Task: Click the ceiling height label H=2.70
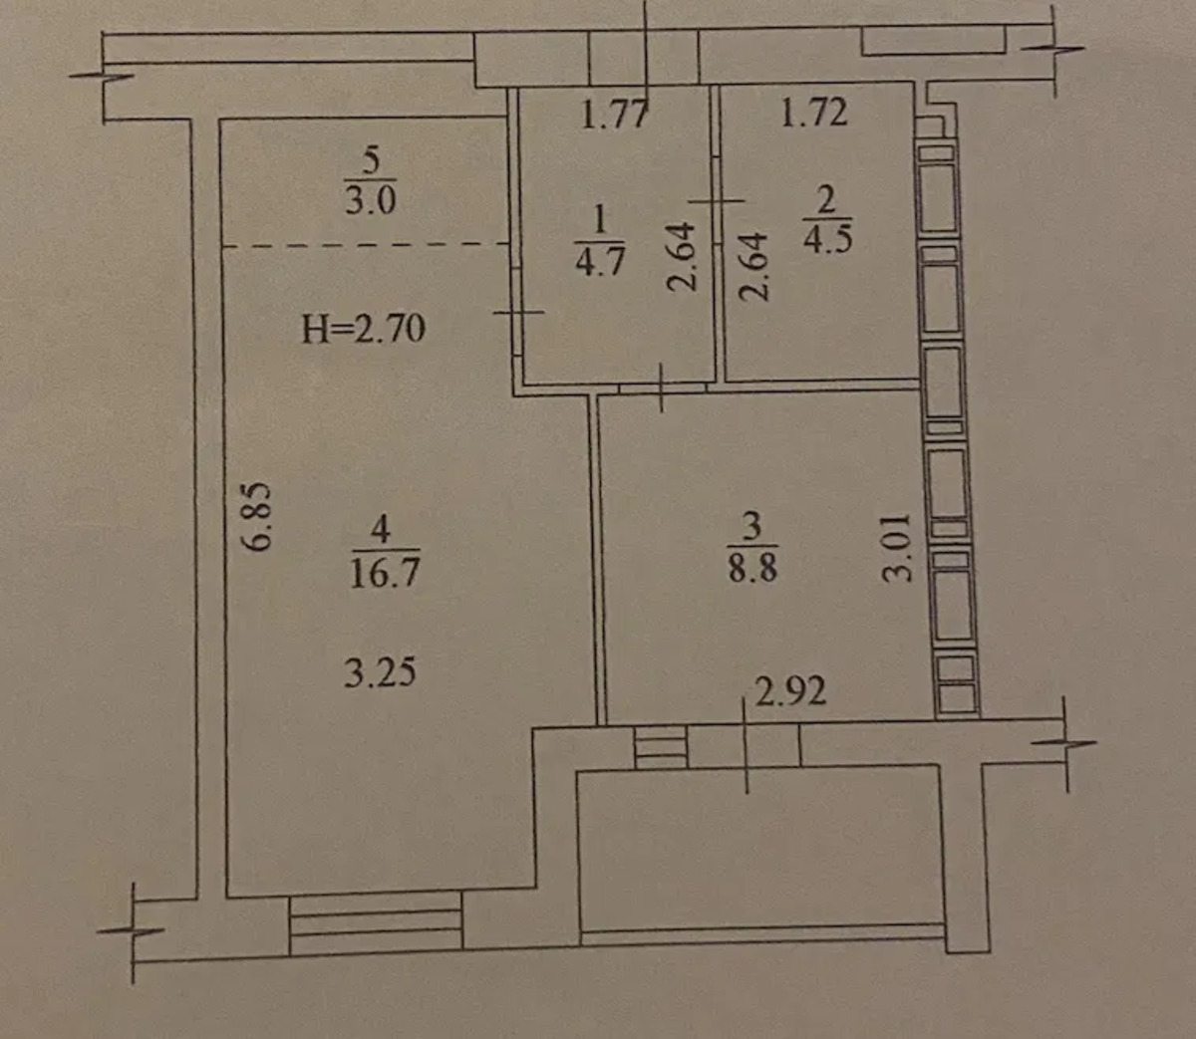pyautogui.click(x=363, y=328)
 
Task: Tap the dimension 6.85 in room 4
pyautogui.click(x=257, y=516)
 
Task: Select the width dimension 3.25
pyautogui.click(x=380, y=671)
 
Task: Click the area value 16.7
pyautogui.click(x=386, y=571)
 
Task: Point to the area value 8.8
pyautogui.click(x=752, y=566)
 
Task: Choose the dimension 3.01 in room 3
pyautogui.click(x=896, y=547)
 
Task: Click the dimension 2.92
pyautogui.click(x=790, y=691)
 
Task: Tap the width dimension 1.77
pyautogui.click(x=615, y=114)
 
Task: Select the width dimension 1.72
pyautogui.click(x=813, y=113)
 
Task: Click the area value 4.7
pyautogui.click(x=600, y=261)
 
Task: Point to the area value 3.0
pyautogui.click(x=371, y=200)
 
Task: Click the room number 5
pyautogui.click(x=372, y=161)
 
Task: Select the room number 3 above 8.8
pyautogui.click(x=751, y=525)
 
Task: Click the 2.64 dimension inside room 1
pyautogui.click(x=682, y=256)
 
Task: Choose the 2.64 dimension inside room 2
pyautogui.click(x=753, y=266)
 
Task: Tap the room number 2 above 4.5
pyautogui.click(x=826, y=201)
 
